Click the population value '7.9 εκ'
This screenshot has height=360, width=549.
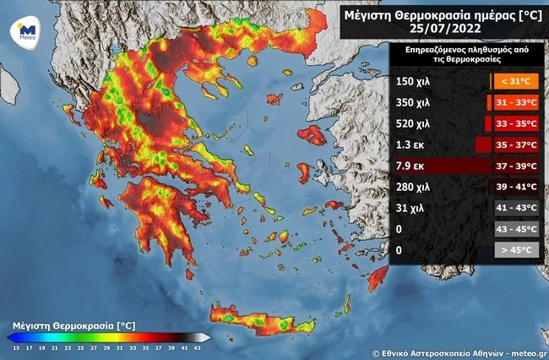[x=410, y=166]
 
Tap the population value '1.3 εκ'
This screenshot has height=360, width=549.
[x=410, y=145]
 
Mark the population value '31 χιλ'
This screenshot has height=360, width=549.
[x=410, y=208]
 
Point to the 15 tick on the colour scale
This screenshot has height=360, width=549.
[x=15, y=347]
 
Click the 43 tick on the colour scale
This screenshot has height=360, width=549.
[x=197, y=347]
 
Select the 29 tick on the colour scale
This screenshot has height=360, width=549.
[x=106, y=347]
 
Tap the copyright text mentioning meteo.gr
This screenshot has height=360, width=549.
[x=458, y=351]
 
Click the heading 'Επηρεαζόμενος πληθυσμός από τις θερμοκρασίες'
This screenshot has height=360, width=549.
[x=467, y=56]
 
